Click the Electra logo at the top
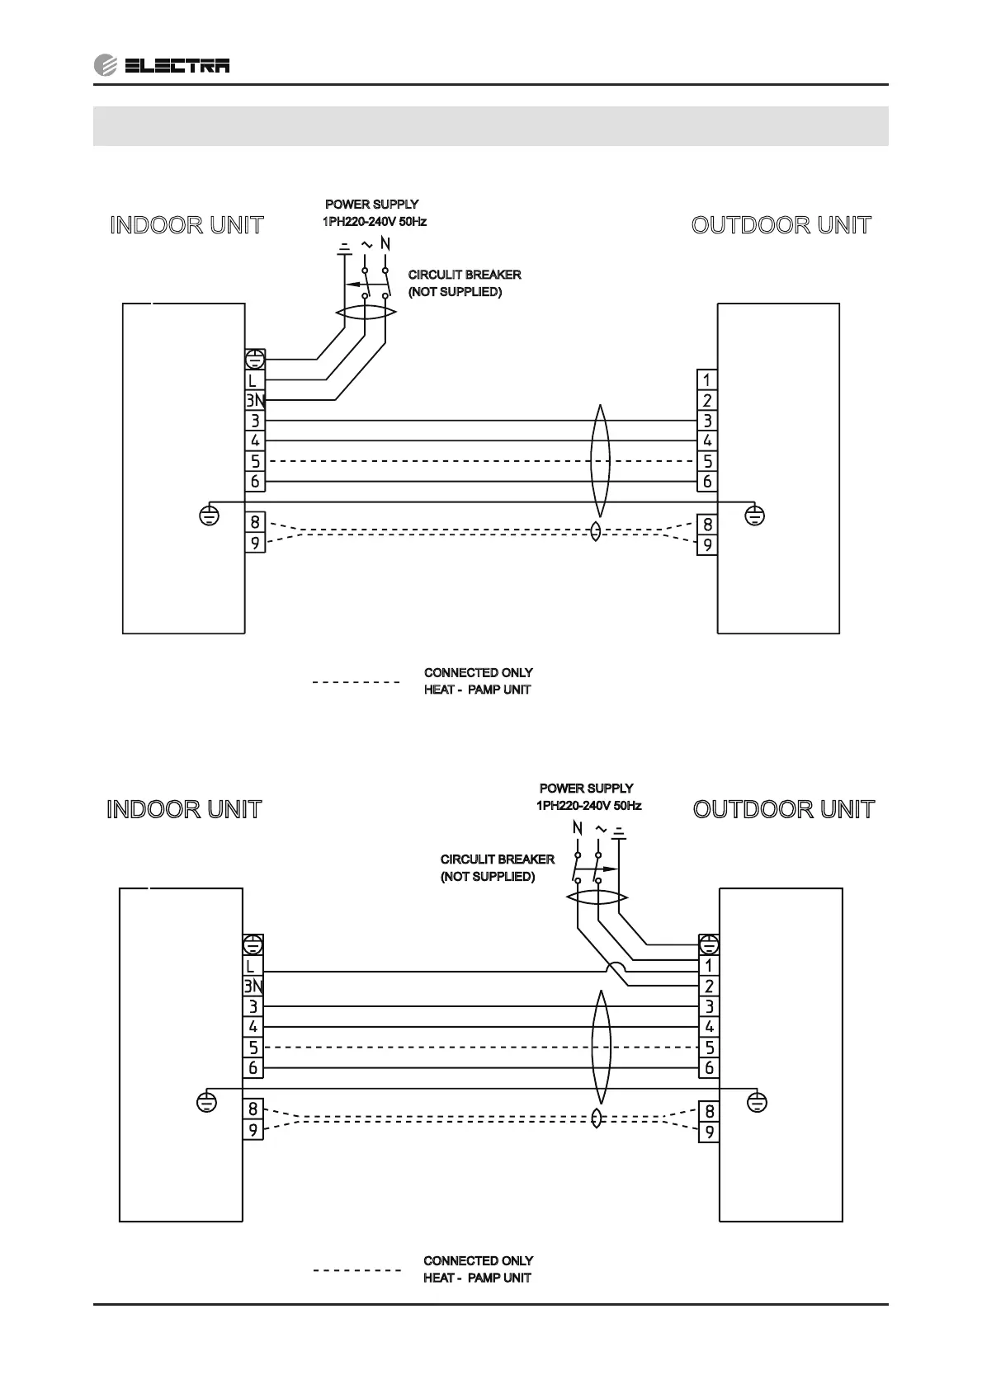click(x=162, y=65)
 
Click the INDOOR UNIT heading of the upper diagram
click(x=186, y=225)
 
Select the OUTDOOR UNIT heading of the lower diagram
click(x=783, y=809)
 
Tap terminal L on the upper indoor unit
click(x=254, y=380)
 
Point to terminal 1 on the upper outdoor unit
click(x=707, y=380)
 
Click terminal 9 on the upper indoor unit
click(x=255, y=544)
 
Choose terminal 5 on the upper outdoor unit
click(x=707, y=461)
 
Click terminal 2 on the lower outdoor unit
click(x=709, y=986)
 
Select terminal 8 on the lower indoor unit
click(x=253, y=1109)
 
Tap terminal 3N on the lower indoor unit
click(x=253, y=986)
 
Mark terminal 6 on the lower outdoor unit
click(x=709, y=1068)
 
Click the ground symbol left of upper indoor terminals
click(x=210, y=516)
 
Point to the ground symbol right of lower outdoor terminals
click(x=756, y=1101)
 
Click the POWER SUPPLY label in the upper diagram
click(x=371, y=204)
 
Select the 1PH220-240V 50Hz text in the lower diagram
click(x=588, y=806)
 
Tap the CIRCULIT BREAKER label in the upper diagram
click(x=465, y=275)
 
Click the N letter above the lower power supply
click(x=577, y=828)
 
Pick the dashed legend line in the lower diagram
click(x=356, y=1269)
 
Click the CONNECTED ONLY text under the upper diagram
click(x=479, y=673)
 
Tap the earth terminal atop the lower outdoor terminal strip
click(x=709, y=944)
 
